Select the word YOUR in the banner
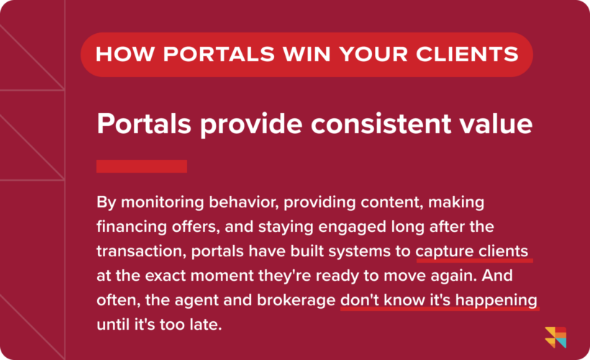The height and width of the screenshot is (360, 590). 350,54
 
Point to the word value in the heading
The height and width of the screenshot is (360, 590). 498,124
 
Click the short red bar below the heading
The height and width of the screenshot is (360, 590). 142,166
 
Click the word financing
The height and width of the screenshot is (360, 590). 130,228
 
